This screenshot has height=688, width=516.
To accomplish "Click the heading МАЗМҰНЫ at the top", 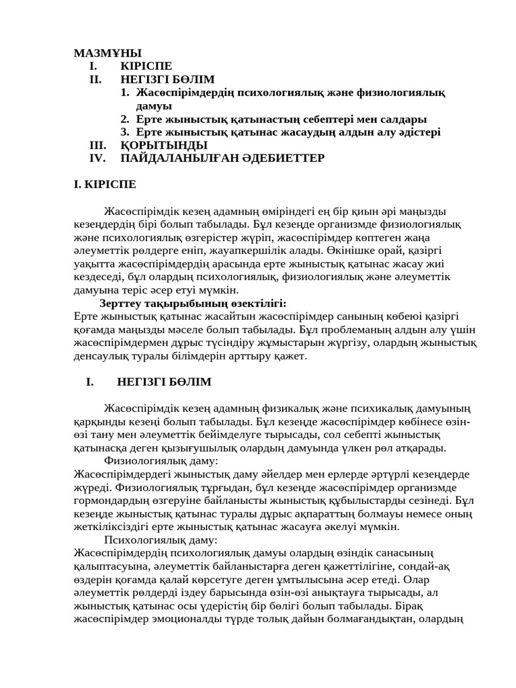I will [107, 53].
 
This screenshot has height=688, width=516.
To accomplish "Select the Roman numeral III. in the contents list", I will [98, 145].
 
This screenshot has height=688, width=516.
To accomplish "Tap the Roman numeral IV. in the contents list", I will [98, 159].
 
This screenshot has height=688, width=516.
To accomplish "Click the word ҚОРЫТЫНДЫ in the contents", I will [164, 145].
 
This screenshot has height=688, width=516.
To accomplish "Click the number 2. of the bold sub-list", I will [125, 119].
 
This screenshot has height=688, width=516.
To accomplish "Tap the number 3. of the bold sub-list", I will [125, 132].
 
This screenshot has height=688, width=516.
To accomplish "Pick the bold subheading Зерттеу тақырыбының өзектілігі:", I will [193, 303].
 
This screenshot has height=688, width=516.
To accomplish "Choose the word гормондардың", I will [111, 501].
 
